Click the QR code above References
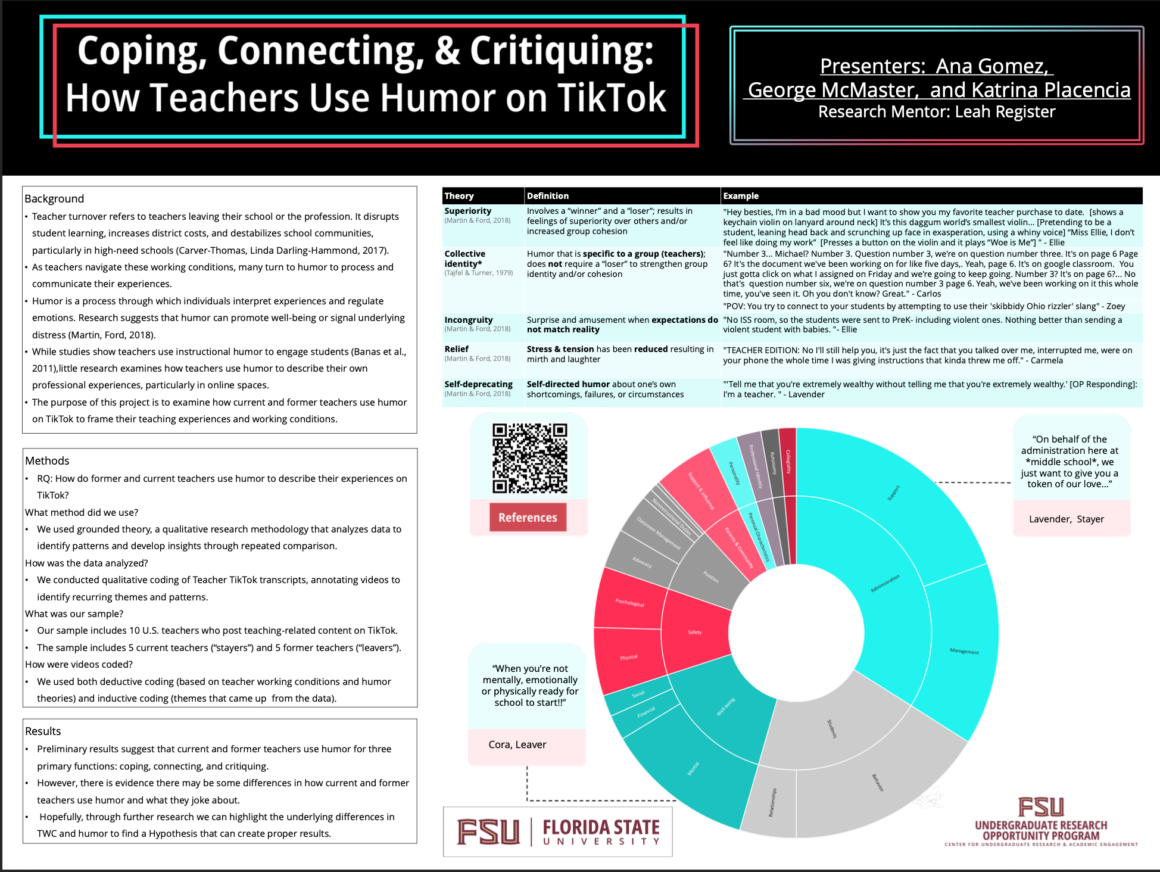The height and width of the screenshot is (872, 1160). [529, 457]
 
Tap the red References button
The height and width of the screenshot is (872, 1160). [528, 518]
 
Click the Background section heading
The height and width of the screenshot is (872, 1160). [54, 198]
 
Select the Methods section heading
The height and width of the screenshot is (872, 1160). [47, 460]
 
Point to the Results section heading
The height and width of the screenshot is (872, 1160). [43, 731]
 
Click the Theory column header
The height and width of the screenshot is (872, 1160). [459, 196]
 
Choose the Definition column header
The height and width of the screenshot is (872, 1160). [547, 196]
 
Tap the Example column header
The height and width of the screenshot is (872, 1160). [741, 196]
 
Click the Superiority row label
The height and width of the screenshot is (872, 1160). [468, 211]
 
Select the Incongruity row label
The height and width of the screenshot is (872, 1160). [469, 320]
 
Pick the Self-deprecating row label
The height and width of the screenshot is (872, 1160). [478, 384]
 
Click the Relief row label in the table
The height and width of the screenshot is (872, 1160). [457, 349]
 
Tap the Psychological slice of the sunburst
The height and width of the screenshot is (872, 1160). [629, 603]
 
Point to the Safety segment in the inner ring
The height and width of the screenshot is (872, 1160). [695, 632]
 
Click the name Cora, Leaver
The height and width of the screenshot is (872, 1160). [517, 745]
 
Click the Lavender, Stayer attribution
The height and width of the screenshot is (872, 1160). [1067, 519]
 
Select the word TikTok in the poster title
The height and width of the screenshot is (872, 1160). [612, 98]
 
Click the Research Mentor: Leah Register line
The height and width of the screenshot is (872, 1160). [936, 112]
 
